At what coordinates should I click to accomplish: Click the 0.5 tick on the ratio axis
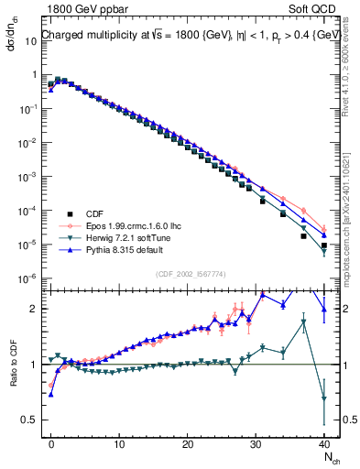point(29,420)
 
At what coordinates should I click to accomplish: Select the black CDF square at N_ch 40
point(324,245)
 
